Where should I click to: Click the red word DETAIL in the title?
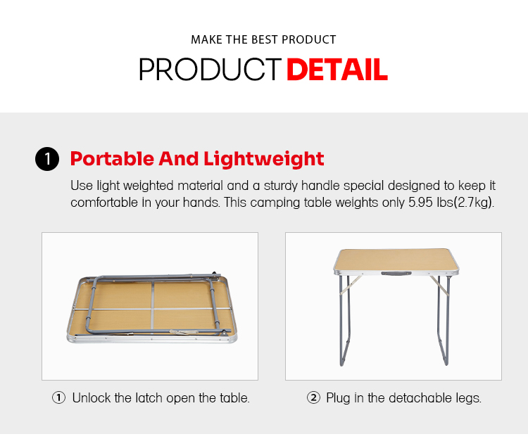coord(337,70)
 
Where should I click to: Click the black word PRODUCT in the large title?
coord(210,70)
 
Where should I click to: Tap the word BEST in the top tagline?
coord(265,39)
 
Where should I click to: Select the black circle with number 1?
coord(47,159)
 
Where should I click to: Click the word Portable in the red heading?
coord(112,158)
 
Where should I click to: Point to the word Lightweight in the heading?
coord(264,159)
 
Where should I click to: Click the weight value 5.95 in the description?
coord(420,203)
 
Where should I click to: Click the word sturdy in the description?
coord(280,186)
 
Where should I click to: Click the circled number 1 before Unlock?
coord(58,397)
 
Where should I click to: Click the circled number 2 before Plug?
coord(313,397)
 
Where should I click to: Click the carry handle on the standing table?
coord(396,274)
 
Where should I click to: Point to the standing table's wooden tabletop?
coord(396,259)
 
